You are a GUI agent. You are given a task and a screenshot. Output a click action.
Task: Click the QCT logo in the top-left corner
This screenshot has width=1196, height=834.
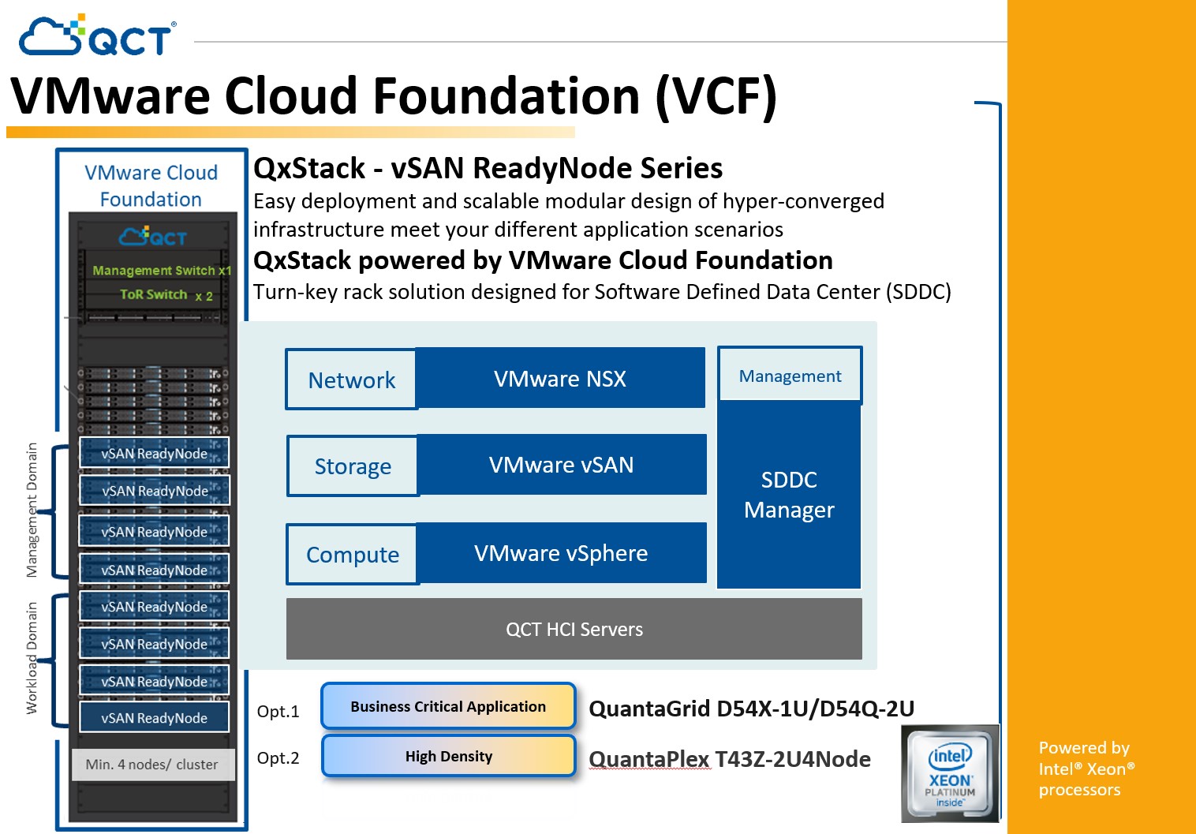click(x=97, y=36)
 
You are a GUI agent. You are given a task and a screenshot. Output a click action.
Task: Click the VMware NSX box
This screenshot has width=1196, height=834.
click(x=560, y=379)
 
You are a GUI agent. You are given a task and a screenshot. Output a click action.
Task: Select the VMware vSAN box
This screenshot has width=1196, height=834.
click(x=561, y=465)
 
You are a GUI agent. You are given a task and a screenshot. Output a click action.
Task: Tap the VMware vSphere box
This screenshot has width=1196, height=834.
click(x=561, y=553)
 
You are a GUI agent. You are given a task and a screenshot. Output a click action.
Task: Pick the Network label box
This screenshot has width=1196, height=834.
click(x=351, y=380)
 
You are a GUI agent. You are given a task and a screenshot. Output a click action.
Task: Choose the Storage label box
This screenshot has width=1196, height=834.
click(x=353, y=466)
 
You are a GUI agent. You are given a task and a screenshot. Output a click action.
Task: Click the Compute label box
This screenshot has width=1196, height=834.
click(x=352, y=555)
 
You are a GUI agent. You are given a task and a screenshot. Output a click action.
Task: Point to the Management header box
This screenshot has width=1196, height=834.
click(x=790, y=376)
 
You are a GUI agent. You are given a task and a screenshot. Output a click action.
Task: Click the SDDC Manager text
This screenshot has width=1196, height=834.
click(x=789, y=495)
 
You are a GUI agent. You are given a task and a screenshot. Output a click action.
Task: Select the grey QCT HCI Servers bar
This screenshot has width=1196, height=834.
click(x=574, y=629)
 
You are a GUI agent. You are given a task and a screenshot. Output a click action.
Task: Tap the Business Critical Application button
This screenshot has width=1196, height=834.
click(x=448, y=706)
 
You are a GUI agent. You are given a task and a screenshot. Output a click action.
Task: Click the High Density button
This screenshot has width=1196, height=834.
click(x=448, y=756)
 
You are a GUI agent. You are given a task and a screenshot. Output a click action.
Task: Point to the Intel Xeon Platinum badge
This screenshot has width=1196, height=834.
click(x=950, y=773)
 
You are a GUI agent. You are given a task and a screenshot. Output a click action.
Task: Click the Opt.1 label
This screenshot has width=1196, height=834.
click(x=278, y=712)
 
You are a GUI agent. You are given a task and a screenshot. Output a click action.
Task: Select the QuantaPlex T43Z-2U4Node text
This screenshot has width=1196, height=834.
click(x=730, y=759)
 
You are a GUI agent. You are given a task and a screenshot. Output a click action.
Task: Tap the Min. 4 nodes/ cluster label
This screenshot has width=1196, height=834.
click(x=152, y=764)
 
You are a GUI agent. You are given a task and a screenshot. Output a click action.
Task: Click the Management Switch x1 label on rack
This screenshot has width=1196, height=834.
click(x=162, y=271)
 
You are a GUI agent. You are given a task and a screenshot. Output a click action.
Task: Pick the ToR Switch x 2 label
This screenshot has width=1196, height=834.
click(x=166, y=295)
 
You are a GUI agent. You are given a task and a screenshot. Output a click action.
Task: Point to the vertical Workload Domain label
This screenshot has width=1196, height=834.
click(x=32, y=657)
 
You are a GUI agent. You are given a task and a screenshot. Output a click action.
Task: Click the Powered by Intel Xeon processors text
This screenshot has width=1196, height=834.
click(x=1086, y=769)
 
